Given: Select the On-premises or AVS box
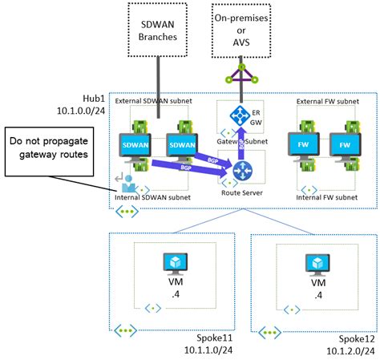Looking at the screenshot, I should coord(241,30).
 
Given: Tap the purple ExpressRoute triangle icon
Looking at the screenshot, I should coord(241,79).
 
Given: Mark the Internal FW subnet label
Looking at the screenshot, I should coord(325,195).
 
